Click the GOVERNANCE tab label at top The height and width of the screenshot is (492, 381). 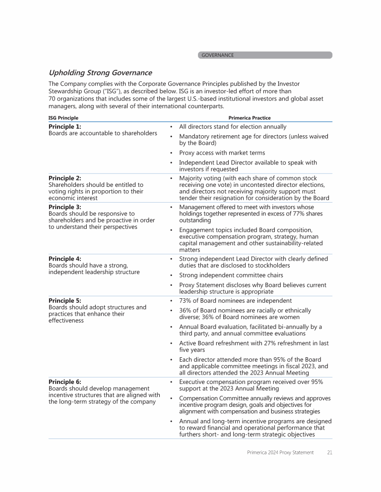coord(217,55)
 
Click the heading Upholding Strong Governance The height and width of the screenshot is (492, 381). coord(100,73)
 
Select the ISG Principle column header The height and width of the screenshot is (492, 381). coord(63,118)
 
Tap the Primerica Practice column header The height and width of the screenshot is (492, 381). coord(250,118)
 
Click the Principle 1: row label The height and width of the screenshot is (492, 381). coord(64,127)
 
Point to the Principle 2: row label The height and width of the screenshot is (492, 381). coord(64,178)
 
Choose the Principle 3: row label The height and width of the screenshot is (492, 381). coord(64,207)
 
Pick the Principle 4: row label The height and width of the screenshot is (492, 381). coord(64,259)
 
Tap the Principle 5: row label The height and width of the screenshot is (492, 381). coord(64,300)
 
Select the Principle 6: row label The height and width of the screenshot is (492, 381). coord(64,382)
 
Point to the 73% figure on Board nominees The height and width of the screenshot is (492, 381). coord(187,301)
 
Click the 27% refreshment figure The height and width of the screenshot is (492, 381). coord(289,343)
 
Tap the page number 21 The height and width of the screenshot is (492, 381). coord(329,452)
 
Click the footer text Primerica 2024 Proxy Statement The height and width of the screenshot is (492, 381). coord(280,452)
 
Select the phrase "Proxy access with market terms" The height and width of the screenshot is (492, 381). coord(222,153)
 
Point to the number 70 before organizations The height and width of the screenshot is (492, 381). coord(52,99)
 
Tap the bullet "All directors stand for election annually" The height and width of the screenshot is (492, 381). coord(233,127)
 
